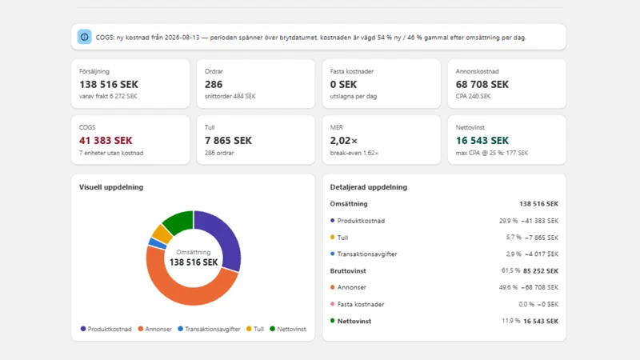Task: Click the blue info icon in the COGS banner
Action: click(x=85, y=37)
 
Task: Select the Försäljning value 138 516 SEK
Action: click(x=109, y=85)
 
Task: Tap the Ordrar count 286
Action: click(x=214, y=85)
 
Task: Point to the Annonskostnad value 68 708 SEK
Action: click(x=482, y=85)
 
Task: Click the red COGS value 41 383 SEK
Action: click(x=106, y=141)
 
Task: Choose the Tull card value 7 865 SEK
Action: click(x=228, y=141)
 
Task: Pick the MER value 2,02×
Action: click(x=344, y=141)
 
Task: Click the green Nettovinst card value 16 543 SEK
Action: click(x=482, y=141)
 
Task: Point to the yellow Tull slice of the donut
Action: click(x=162, y=234)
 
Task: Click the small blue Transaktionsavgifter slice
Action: click(x=158, y=244)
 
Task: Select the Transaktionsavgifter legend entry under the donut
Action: click(x=209, y=329)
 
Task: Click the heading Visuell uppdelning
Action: click(x=111, y=187)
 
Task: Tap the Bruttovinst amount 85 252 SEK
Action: click(x=541, y=271)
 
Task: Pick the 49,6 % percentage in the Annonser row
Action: click(x=508, y=287)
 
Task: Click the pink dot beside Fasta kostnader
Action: click(x=332, y=304)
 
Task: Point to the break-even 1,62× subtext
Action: click(x=354, y=153)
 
